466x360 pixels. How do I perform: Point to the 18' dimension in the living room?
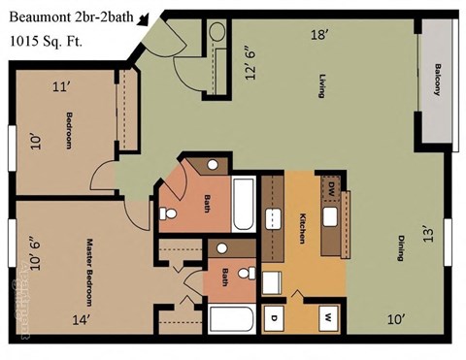317,36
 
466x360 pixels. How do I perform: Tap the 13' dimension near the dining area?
424,233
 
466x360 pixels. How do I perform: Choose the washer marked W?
328,316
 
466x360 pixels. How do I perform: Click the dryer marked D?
275,316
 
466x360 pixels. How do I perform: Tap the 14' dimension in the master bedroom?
81,318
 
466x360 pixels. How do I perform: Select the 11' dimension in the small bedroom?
61,86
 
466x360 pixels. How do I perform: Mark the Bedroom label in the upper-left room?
70,132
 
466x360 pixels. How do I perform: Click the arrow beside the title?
144,17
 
